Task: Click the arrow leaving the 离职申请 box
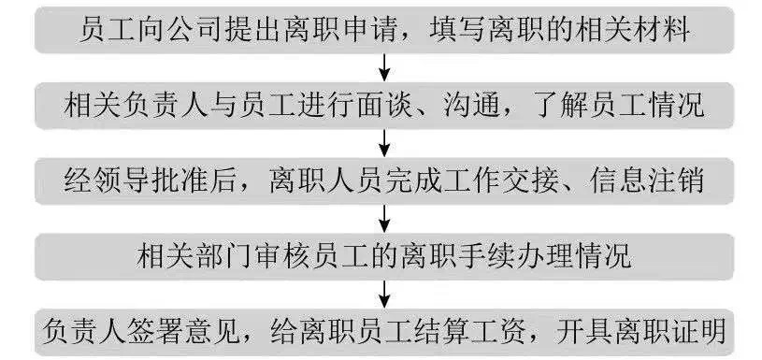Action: [383, 67]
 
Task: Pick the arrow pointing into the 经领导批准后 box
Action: [383, 140]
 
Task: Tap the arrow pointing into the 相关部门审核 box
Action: [383, 215]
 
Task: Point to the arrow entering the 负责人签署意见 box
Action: [383, 291]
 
